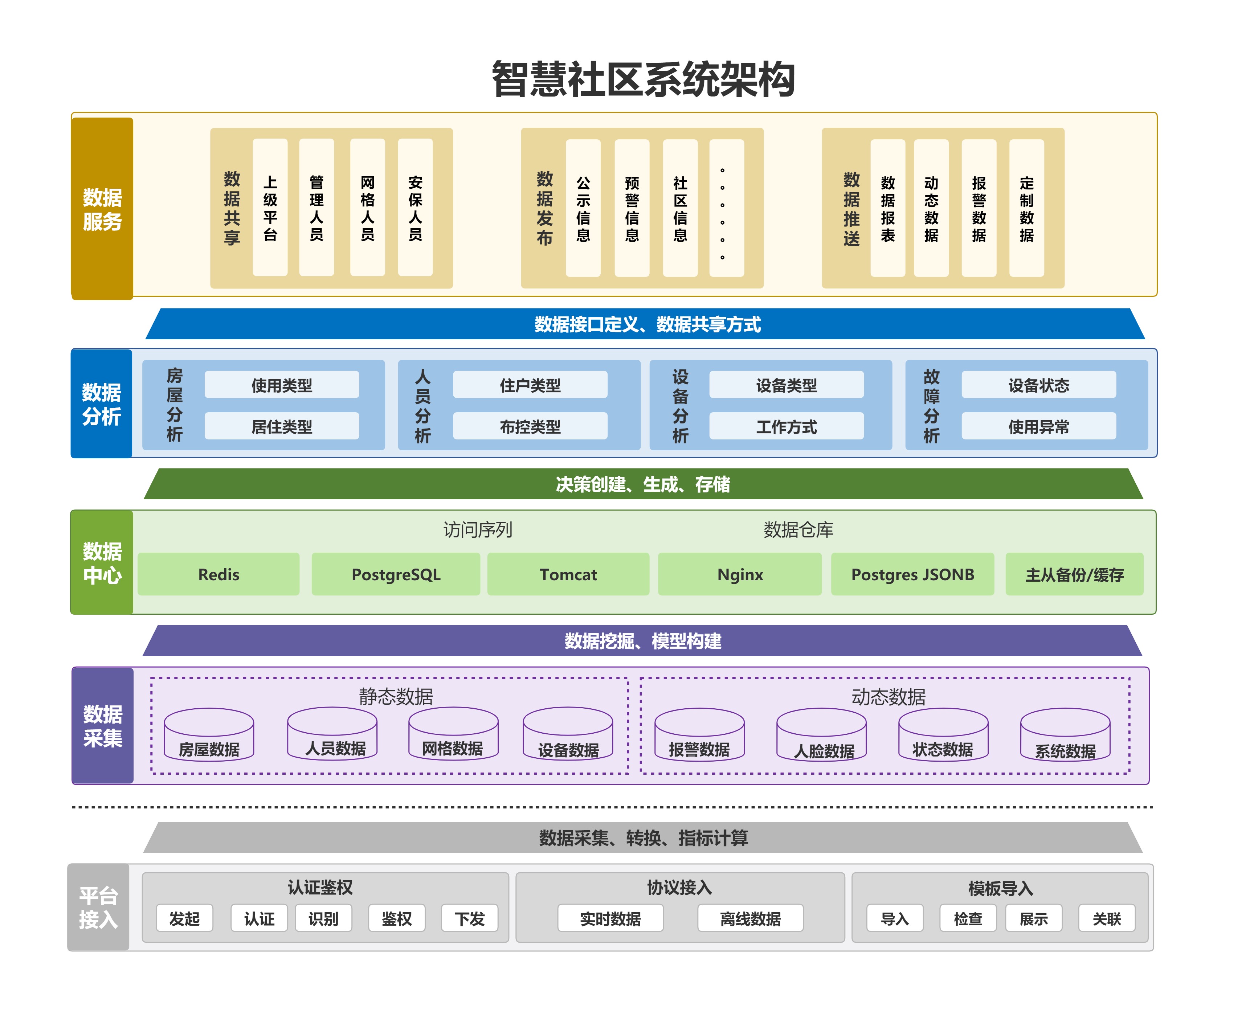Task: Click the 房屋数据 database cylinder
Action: click(x=209, y=736)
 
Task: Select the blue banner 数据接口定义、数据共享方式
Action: click(x=646, y=324)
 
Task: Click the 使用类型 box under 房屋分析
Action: click(x=282, y=385)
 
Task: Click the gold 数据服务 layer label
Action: click(x=102, y=209)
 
